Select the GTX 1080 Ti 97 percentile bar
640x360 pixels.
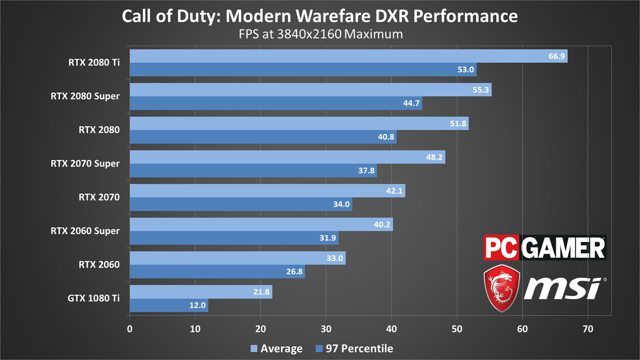169,306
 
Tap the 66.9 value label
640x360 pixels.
557,57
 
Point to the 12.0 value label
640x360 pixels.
197,306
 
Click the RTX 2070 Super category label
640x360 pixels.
85,163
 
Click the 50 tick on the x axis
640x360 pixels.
457,329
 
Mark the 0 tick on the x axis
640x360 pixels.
130,329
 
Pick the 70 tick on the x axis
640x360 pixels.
588,329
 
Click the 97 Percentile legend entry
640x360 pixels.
354,349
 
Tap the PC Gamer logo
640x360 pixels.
545,248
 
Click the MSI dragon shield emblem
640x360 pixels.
502,289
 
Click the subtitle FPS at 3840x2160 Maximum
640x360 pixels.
320,35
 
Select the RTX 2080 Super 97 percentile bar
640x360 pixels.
276,103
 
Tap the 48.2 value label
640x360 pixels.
435,157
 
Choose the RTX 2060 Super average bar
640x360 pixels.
261,225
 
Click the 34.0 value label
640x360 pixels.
341,205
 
